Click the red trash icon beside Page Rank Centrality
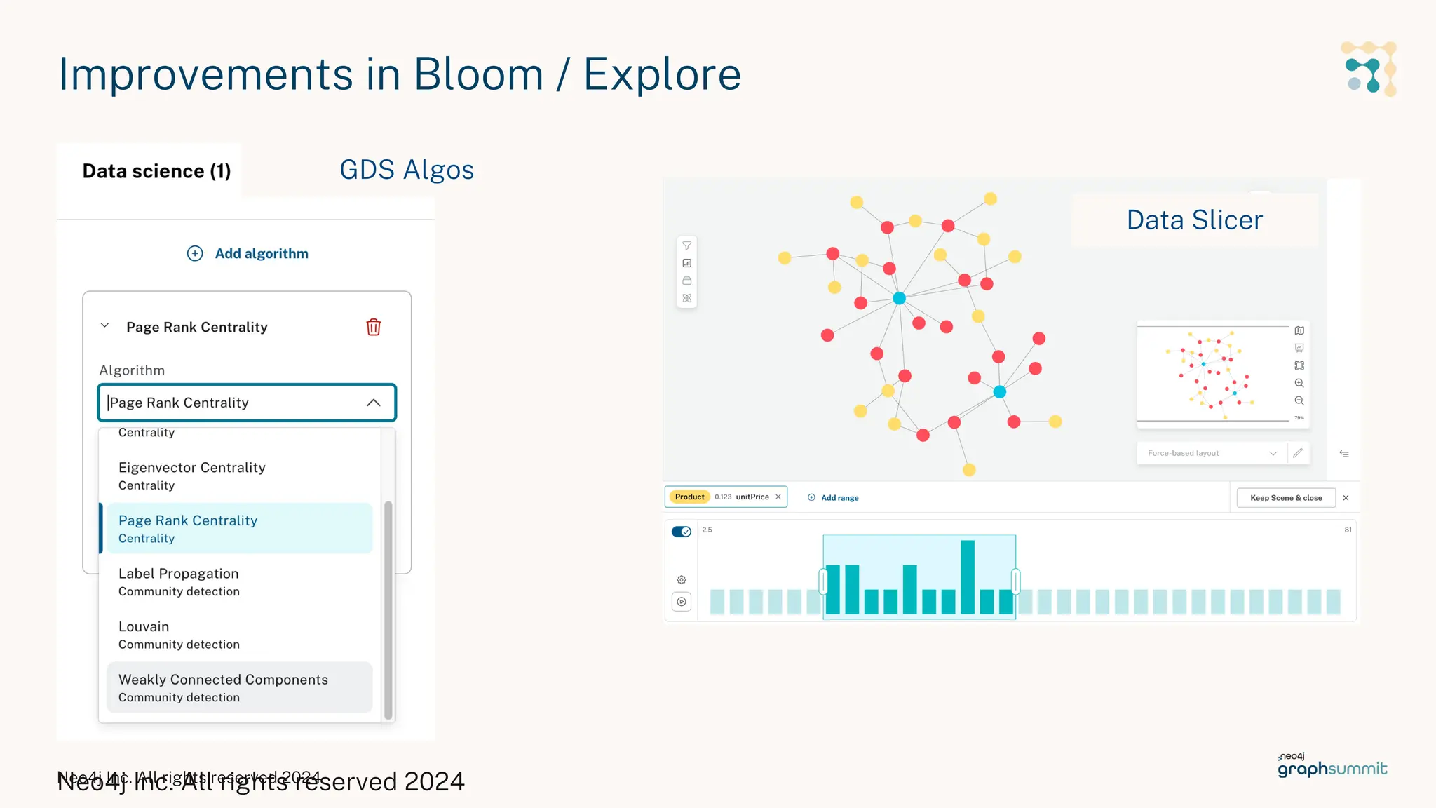point(373,327)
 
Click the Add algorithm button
point(248,253)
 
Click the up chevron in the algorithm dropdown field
point(374,403)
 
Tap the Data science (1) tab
point(156,171)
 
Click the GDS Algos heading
point(407,170)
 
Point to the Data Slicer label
point(1194,220)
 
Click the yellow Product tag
point(689,497)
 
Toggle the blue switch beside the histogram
point(682,532)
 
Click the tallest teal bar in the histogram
point(968,577)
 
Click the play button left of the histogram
point(682,602)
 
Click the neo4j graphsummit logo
point(1332,765)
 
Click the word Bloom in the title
point(478,74)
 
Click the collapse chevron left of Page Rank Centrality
point(104,325)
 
